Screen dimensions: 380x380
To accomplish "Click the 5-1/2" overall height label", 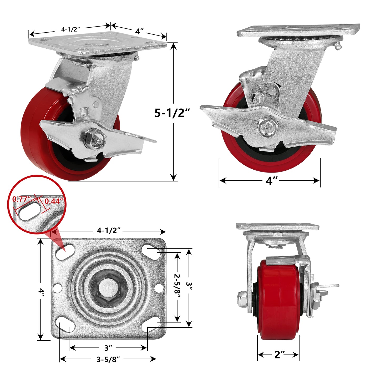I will [x=172, y=113].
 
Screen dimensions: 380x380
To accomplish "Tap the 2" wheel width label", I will [x=280, y=354].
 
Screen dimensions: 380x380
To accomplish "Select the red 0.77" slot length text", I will [x=21, y=199].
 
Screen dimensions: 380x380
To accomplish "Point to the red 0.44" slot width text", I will [x=54, y=201].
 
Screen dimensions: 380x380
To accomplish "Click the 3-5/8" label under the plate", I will [x=108, y=359].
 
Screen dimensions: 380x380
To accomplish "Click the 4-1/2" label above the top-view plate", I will [x=109, y=231].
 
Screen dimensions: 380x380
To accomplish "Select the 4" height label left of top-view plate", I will [x=41, y=291].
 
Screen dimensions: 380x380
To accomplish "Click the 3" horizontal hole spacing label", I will [x=108, y=348].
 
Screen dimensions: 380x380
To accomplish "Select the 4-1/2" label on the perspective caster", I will [x=70, y=29].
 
